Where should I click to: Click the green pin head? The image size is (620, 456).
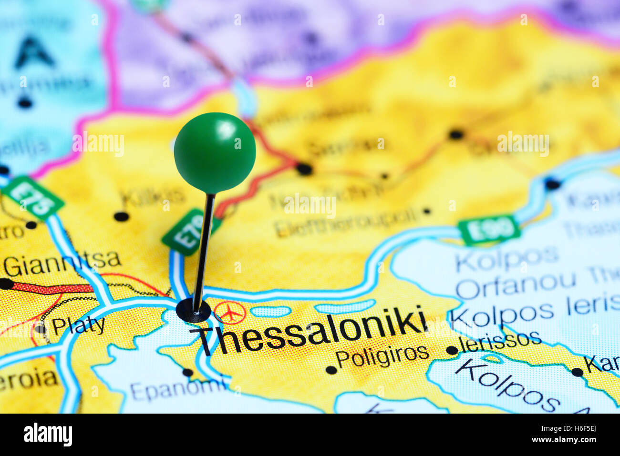click(x=215, y=152)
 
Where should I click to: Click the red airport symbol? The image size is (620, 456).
click(x=230, y=313)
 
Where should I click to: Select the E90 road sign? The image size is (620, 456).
click(x=488, y=231)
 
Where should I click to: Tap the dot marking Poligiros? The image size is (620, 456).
click(x=331, y=370)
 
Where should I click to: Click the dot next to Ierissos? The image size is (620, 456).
click(x=452, y=351)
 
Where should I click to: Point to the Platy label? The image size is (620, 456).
click(x=78, y=326)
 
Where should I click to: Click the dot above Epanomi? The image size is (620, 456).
click(x=188, y=373)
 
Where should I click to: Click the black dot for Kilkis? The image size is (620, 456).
click(x=121, y=217)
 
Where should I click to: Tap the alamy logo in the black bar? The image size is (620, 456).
click(x=48, y=435)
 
